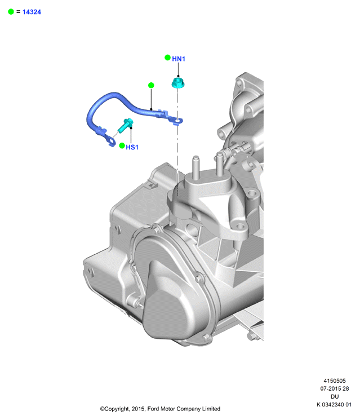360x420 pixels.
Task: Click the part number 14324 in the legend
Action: pos(32,12)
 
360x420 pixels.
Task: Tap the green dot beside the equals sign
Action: pos(11,12)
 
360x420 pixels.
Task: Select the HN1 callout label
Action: pos(179,59)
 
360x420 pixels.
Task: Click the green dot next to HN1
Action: pos(167,58)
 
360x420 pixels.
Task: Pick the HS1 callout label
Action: pos(132,147)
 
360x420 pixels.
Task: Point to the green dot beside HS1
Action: pos(122,145)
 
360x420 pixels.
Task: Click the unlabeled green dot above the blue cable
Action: pos(151,85)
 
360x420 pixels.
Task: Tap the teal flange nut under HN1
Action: pos(178,82)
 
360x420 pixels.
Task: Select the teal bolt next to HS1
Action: pos(125,126)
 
